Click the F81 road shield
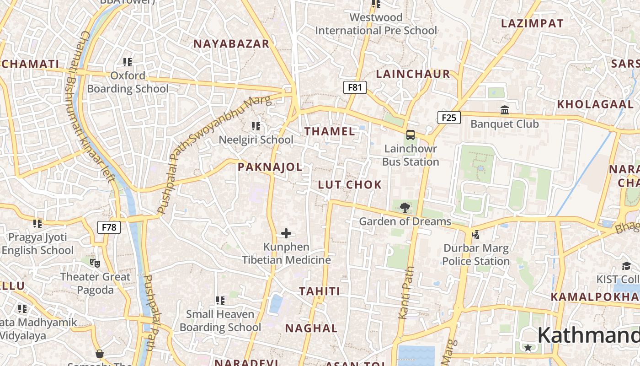coord(355,87)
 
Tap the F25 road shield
coord(449,118)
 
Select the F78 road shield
coord(109,227)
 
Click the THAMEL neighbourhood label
coord(330,131)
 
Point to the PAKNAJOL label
coord(270,167)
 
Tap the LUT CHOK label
coord(350,184)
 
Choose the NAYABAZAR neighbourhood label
coord(231,44)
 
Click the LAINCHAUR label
coord(413,74)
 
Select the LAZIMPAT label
coord(532,24)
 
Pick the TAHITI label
coord(320,291)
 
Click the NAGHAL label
coord(311,328)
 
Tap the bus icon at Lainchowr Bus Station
coord(411,135)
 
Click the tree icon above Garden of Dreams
coord(405,208)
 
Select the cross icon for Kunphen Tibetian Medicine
coord(286,233)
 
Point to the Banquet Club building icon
coord(505,110)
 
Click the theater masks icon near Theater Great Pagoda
coord(95,263)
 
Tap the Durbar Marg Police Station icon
coord(476,235)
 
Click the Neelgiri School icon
coord(256,126)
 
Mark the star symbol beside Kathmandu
coord(528,348)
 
